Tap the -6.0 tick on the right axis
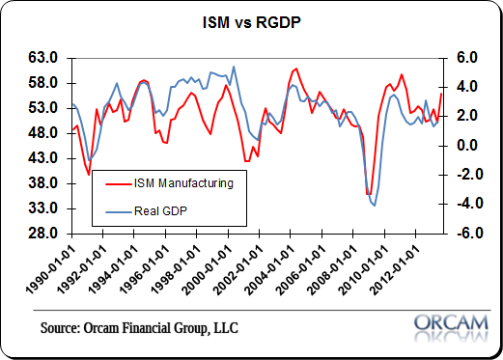[465, 234]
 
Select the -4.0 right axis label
[465, 205]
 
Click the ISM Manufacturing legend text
[186, 180]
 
